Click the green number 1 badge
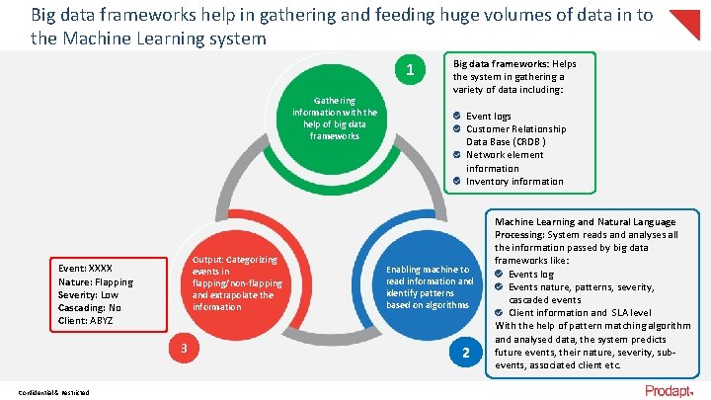click(x=409, y=70)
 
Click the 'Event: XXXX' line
click(x=86, y=269)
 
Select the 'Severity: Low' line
click(x=89, y=294)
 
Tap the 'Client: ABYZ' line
click(x=86, y=320)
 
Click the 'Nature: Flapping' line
click(x=96, y=281)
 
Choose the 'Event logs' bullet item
click(x=488, y=117)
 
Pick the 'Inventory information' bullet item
click(x=514, y=182)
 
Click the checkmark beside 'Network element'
click(x=457, y=155)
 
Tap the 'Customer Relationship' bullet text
click(x=515, y=129)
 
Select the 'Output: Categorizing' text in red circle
click(x=235, y=260)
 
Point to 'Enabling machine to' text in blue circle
click(x=428, y=270)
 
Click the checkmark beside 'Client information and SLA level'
click(x=500, y=313)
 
